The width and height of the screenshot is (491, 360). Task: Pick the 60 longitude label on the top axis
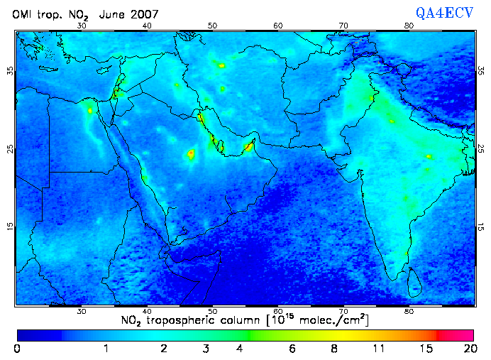[x=278, y=26]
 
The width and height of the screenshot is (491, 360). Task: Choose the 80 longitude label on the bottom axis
[x=409, y=311]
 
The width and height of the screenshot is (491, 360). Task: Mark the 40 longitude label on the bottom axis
[x=147, y=311]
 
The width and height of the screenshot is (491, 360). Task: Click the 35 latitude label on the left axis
[x=10, y=71]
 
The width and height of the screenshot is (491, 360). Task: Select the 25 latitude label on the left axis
[x=10, y=149]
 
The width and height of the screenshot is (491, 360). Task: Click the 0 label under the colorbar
[x=16, y=349]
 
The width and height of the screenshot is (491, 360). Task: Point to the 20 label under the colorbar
[x=468, y=349]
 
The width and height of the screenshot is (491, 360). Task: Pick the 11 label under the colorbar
[x=380, y=349]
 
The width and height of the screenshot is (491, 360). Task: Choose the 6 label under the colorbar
[x=293, y=349]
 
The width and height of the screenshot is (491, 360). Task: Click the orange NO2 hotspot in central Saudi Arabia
[x=190, y=153]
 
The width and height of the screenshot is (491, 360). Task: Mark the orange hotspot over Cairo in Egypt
[x=90, y=110]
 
